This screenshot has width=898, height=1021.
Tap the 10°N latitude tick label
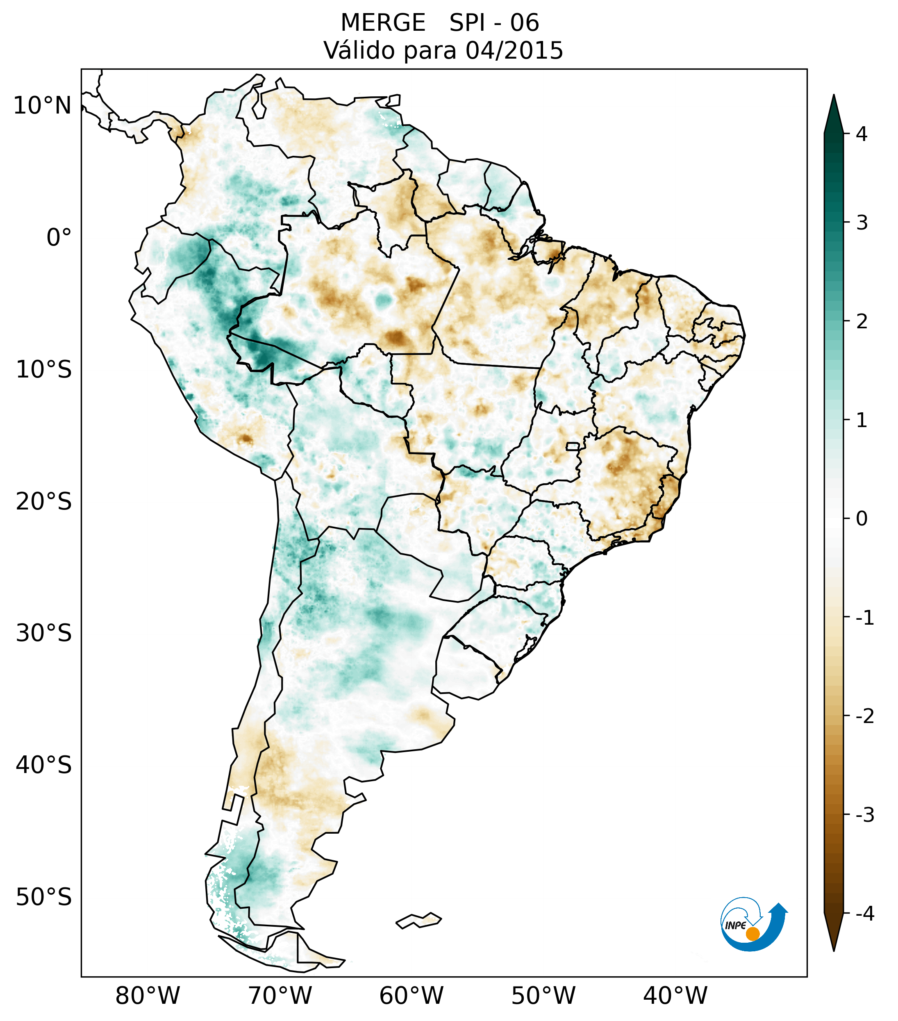click(x=43, y=106)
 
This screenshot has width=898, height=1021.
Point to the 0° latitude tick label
click(x=59, y=238)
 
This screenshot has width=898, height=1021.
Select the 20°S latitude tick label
click(x=44, y=502)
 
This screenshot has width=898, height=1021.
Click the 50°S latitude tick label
click(x=44, y=898)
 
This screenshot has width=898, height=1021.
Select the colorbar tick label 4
click(x=862, y=134)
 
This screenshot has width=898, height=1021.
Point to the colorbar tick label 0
click(x=862, y=519)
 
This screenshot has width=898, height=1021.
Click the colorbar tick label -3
click(x=864, y=815)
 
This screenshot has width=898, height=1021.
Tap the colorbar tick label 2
click(x=862, y=322)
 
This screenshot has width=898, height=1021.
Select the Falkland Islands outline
click(x=418, y=920)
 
